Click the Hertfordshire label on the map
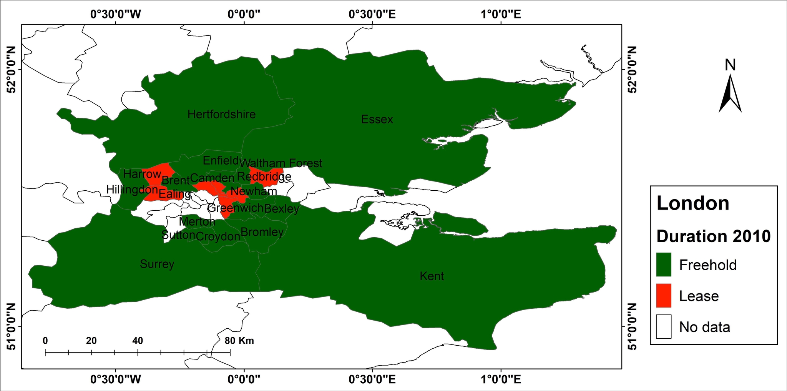point(221,114)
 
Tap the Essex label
point(377,120)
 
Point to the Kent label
point(432,276)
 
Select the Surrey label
point(157,264)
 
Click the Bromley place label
point(262,232)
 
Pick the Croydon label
point(218,236)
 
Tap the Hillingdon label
point(132,190)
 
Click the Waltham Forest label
point(281,163)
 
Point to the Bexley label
point(281,209)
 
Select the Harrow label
point(142,174)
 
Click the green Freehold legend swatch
point(664,265)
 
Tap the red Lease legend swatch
point(664,296)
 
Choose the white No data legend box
point(664,327)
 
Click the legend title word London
point(692,203)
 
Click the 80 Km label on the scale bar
point(239,341)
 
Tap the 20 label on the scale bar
point(91,341)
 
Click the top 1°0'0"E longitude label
point(501,15)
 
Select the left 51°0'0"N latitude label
point(11,327)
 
